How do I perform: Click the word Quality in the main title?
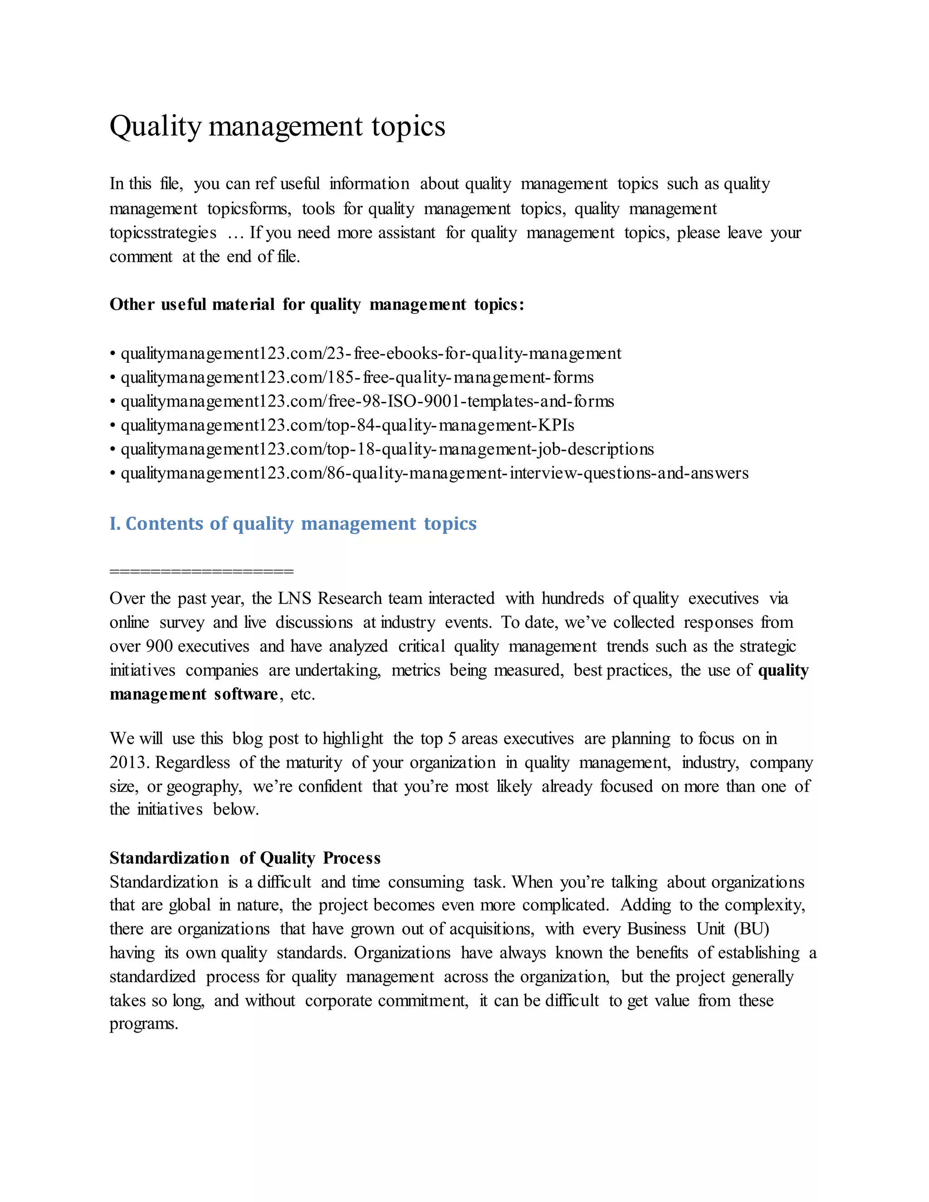point(155,127)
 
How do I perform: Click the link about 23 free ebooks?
point(371,353)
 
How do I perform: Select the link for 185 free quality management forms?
point(357,377)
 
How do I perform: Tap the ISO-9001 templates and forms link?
point(367,401)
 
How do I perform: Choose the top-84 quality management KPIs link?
point(347,425)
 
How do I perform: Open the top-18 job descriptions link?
point(387,449)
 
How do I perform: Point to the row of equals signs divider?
point(201,571)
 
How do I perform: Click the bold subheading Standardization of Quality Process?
point(245,858)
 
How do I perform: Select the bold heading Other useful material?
point(317,304)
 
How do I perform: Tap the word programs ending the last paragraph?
point(144,1024)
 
